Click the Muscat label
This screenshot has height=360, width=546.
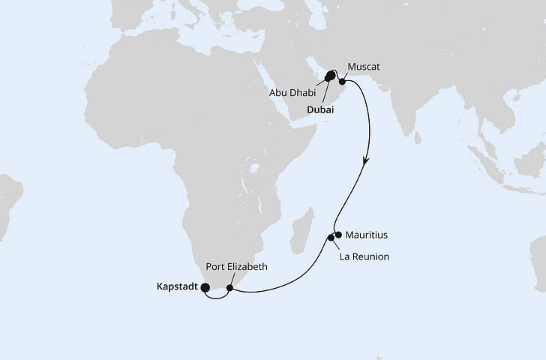point(364,67)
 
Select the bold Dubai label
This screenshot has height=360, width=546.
point(320,109)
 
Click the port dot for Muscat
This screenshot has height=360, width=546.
point(342,81)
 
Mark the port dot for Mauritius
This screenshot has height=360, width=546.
point(338,235)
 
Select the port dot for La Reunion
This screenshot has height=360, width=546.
point(331,238)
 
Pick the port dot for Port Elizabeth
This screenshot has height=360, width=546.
point(230,287)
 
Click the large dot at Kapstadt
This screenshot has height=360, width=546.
point(205,285)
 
